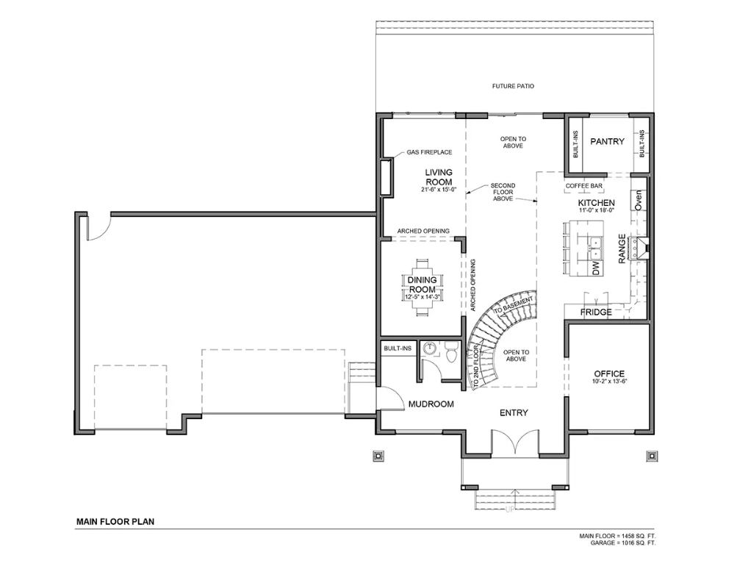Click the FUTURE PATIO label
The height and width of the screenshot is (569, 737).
(x=513, y=86)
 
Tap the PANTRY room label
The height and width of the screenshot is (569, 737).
(x=607, y=141)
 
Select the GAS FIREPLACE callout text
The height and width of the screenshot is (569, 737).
(x=429, y=152)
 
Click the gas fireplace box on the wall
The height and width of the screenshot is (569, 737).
(x=386, y=177)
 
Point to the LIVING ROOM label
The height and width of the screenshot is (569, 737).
(x=439, y=177)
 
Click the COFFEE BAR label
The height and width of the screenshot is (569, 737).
(x=583, y=186)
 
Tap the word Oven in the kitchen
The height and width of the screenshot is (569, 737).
(x=638, y=200)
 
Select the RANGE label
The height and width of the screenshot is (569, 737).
(x=622, y=248)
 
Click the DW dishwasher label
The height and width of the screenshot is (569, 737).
(x=596, y=268)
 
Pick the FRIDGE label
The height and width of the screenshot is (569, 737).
(x=596, y=312)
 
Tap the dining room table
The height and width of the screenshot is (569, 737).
(x=422, y=287)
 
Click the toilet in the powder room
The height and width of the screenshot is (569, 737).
(x=450, y=353)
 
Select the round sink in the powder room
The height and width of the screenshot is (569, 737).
(x=430, y=348)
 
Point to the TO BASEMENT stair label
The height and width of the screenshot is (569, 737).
(x=514, y=306)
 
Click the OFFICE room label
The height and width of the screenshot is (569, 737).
(x=609, y=374)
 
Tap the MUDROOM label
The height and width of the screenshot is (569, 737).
(x=431, y=404)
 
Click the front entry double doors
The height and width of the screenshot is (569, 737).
(x=515, y=442)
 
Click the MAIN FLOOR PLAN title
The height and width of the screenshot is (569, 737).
(x=115, y=521)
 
